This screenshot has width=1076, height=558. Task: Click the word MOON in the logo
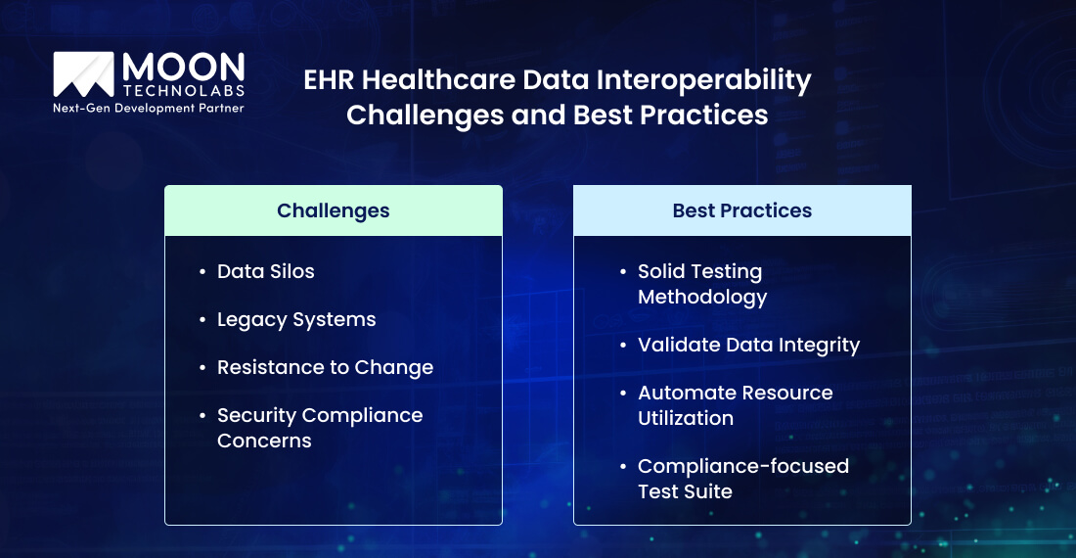pyautogui.click(x=183, y=68)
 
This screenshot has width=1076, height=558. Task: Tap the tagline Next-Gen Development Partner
pyautogui.click(x=148, y=108)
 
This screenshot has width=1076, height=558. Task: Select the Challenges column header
pyautogui.click(x=333, y=210)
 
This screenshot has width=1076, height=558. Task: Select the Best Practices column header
pyautogui.click(x=741, y=210)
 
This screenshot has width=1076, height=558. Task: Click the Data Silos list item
pyautogui.click(x=265, y=271)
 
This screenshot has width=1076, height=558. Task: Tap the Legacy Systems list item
pyautogui.click(x=295, y=319)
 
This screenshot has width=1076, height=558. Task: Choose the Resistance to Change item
pyautogui.click(x=325, y=367)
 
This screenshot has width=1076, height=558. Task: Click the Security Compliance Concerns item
pyautogui.click(x=319, y=428)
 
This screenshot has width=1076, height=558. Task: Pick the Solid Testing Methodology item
pyautogui.click(x=701, y=284)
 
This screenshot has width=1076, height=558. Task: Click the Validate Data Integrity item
pyautogui.click(x=748, y=345)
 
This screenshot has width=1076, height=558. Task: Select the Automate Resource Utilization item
pyautogui.click(x=735, y=405)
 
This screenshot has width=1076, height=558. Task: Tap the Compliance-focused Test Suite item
pyautogui.click(x=742, y=479)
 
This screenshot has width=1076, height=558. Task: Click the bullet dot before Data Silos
pyautogui.click(x=202, y=272)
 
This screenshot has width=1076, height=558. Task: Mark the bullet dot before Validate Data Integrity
pyautogui.click(x=622, y=346)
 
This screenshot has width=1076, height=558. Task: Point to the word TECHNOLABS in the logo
pyautogui.click(x=183, y=90)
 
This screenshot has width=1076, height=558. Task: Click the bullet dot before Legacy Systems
pyautogui.click(x=202, y=320)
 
